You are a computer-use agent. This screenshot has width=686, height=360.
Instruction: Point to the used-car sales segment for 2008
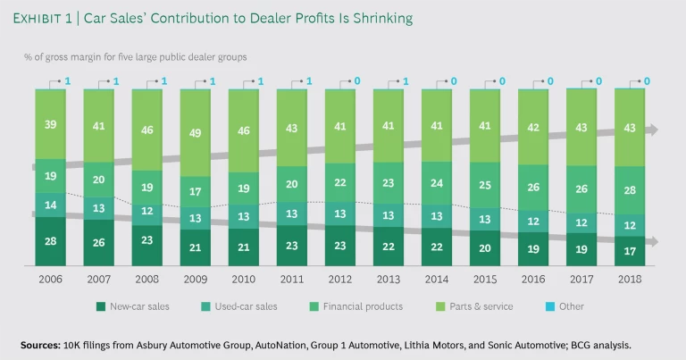click(x=147, y=211)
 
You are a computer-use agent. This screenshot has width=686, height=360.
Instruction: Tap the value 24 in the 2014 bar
click(x=436, y=184)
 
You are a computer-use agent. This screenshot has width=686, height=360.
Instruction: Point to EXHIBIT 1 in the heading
click(x=53, y=19)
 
